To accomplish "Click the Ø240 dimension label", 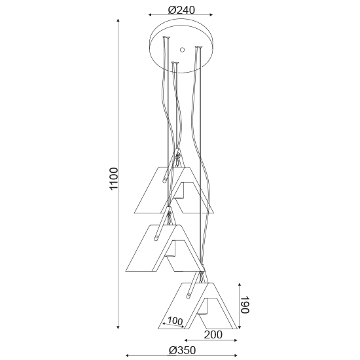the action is pos(181,10).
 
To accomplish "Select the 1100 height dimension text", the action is pos(114,179).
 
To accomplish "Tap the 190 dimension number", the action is pos(245,304).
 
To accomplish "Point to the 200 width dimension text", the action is pos(213,334).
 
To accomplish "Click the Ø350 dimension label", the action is pos(183,350).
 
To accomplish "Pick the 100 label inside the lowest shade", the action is pos(175,321).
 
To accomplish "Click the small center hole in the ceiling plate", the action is pos(182,50).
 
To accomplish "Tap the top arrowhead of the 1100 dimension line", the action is pos(118,21).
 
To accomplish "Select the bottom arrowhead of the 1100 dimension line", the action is pos(118,327).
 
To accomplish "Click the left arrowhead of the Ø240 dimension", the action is pos(150,15).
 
